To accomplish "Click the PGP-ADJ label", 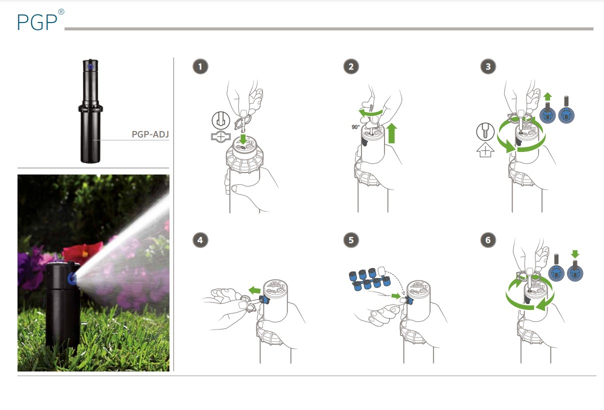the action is coord(150,134).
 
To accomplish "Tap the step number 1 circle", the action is coord(200,66).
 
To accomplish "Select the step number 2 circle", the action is coord(351,66).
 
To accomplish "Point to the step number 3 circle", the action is coord(488,66).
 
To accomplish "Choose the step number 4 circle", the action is coord(200,240).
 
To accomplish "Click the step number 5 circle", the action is coord(351,240).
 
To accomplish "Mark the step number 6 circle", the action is coord(488,240).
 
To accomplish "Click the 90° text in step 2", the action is coord(355,127).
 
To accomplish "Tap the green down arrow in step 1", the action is coord(243,139).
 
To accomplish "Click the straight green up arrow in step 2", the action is coord(391,133).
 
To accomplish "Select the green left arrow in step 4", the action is coord(254,290).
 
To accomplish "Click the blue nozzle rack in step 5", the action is coord(369,279).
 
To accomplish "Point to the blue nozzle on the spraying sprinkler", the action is coord(71,278).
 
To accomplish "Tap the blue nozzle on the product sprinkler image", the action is coord(90,66).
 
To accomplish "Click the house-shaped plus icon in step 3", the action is coord(485,150).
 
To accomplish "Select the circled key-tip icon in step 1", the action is coord(221,120).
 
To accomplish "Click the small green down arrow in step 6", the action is coord(575,254).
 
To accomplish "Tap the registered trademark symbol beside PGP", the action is coord(61,12).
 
